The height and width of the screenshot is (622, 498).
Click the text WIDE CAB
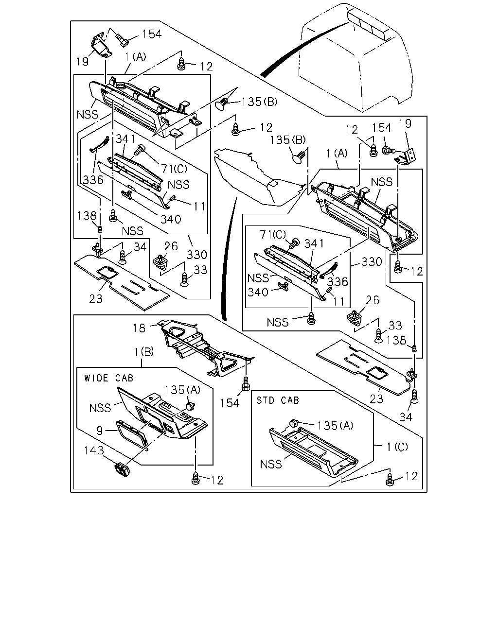pyautogui.click(x=108, y=378)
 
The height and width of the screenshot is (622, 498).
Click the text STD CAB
pyautogui.click(x=278, y=400)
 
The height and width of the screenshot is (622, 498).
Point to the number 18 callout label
pyautogui.click(x=139, y=328)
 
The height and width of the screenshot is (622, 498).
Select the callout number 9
pyautogui.click(x=99, y=431)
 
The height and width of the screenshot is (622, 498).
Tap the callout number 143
pyautogui.click(x=94, y=450)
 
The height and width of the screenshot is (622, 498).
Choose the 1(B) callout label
pyautogui.click(x=144, y=352)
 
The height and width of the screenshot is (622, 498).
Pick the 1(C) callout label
pyautogui.click(x=397, y=447)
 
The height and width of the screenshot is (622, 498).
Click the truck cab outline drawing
pyautogui.click(x=356, y=58)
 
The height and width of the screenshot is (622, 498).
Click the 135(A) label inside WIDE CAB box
pyautogui.click(x=182, y=390)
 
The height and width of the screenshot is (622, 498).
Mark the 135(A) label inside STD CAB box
pyautogui.click(x=335, y=426)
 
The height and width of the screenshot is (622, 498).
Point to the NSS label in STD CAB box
pyautogui.click(x=271, y=465)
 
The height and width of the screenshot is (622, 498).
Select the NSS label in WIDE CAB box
pyautogui.click(x=100, y=408)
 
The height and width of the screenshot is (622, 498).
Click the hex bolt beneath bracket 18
pyautogui.click(x=246, y=384)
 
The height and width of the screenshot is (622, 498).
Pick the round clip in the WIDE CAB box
pyautogui.click(x=190, y=406)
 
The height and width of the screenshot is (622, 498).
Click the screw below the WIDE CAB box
pyautogui.click(x=196, y=479)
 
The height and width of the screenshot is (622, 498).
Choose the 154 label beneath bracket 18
pyautogui.click(x=230, y=403)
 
